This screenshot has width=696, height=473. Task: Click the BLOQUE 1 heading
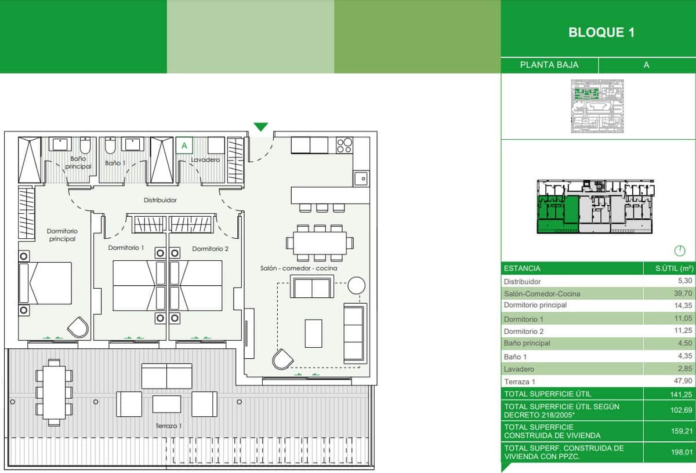[x=601, y=32]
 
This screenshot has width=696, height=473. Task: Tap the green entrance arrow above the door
[x=261, y=127]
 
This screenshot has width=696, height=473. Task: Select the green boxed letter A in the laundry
[x=184, y=145]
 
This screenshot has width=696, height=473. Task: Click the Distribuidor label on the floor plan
[x=160, y=200]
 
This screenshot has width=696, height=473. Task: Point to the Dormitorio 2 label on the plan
[x=210, y=249]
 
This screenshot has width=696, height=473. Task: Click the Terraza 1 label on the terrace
[x=168, y=426]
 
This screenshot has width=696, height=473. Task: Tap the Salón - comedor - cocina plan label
[x=299, y=268]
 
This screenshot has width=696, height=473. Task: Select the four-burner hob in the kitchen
[x=344, y=144]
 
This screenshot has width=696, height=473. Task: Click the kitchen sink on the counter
[x=361, y=178]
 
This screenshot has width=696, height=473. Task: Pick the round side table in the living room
[x=356, y=285]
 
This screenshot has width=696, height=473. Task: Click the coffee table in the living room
[x=313, y=333]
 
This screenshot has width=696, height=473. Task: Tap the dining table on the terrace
[x=54, y=392]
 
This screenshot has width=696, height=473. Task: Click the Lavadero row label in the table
[x=519, y=369]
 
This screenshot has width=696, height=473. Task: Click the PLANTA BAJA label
[x=549, y=65]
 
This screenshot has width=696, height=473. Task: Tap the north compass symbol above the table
[x=679, y=251]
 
